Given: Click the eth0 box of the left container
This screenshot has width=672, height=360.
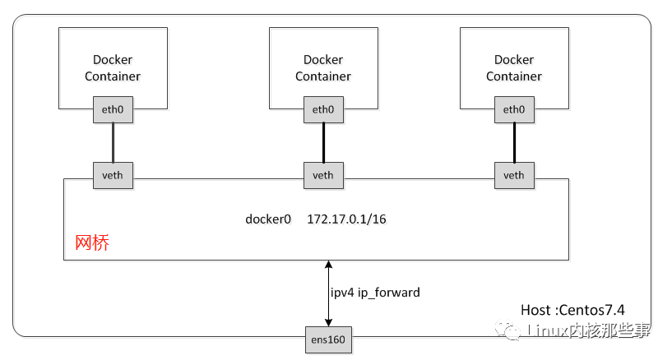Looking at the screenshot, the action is pyautogui.click(x=114, y=109).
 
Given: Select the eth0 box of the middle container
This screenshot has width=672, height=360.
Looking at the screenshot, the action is pyautogui.click(x=323, y=109).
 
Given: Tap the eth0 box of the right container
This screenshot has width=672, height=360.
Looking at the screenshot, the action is pyautogui.click(x=514, y=109).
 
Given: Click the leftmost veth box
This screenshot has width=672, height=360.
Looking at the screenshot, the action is pyautogui.click(x=114, y=176).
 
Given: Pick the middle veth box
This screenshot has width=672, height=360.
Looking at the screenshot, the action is pyautogui.click(x=323, y=176).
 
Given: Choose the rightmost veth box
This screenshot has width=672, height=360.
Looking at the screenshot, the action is pyautogui.click(x=514, y=176).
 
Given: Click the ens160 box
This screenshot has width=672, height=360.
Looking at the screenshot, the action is pyautogui.click(x=328, y=340).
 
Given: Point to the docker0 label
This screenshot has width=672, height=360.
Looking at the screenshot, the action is pyautogui.click(x=268, y=219).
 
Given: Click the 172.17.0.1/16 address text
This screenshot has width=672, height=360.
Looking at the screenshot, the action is pyautogui.click(x=346, y=219).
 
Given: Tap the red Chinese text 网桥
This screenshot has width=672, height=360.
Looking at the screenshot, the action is pyautogui.click(x=92, y=242).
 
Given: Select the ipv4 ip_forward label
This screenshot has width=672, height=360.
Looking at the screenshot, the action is pyautogui.click(x=375, y=293).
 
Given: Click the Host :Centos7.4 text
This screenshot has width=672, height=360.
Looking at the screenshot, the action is pyautogui.click(x=572, y=310).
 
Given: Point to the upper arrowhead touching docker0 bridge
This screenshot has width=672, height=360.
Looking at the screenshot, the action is pyautogui.click(x=328, y=264).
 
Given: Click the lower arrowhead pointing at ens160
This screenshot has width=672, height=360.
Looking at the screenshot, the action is pyautogui.click(x=328, y=323).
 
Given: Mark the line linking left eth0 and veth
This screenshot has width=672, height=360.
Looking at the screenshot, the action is pyautogui.click(x=114, y=142).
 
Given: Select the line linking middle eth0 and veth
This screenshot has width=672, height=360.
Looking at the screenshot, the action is pyautogui.click(x=323, y=142).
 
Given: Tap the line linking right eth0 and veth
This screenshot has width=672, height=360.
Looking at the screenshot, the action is pyautogui.click(x=514, y=142).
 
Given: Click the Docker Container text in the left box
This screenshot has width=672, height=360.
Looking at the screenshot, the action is pyautogui.click(x=113, y=67).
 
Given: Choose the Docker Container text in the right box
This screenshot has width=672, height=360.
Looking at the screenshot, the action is pyautogui.click(x=514, y=67).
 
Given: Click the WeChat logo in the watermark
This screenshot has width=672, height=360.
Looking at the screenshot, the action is pyautogui.click(x=507, y=330).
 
